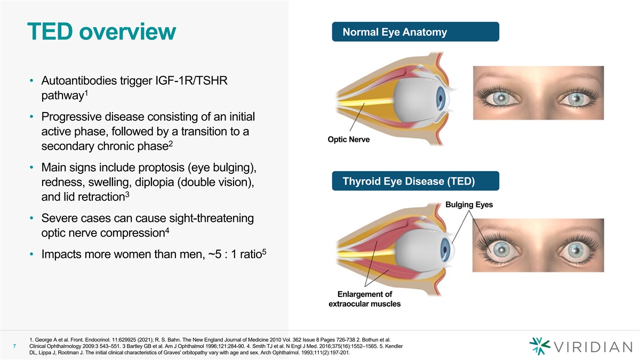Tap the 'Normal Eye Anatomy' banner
395,33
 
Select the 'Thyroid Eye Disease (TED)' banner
409,181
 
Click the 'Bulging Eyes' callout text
469,205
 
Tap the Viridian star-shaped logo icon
540,346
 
